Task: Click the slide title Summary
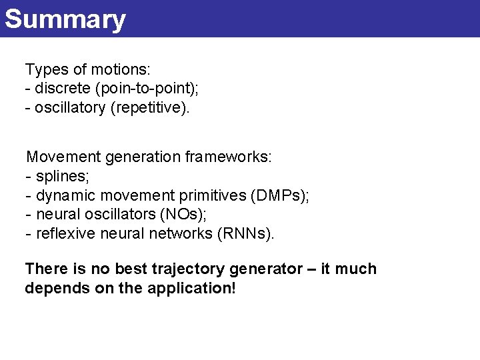(x=65, y=19)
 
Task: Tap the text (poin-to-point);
(x=147, y=89)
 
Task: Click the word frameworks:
(x=229, y=157)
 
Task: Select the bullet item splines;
(x=63, y=177)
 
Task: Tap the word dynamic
(x=64, y=196)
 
